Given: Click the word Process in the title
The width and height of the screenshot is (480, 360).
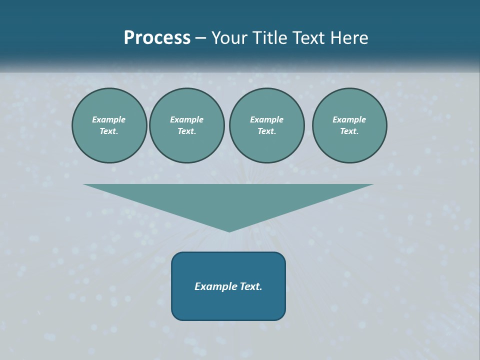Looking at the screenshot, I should (157, 38).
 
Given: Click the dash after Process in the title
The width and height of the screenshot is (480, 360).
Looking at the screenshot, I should (200, 38).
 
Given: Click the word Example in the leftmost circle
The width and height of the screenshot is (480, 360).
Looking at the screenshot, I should (109, 119).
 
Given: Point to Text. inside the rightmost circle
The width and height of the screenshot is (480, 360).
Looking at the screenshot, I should (349, 131).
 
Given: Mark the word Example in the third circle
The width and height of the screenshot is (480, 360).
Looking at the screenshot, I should (266, 119).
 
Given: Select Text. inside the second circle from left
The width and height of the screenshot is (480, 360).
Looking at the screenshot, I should (186, 131).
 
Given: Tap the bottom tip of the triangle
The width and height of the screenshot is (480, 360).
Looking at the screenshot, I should (229, 230).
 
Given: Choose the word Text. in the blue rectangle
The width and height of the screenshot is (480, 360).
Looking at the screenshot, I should (250, 286).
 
